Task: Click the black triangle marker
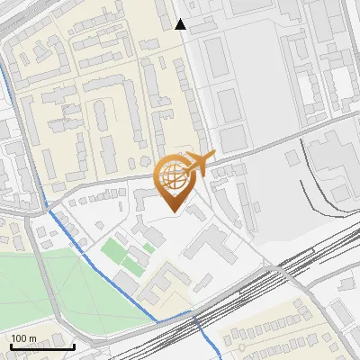pyautogui.click(x=181, y=24)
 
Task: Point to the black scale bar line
pyautogui.click(x=42, y=346)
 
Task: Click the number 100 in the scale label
pyautogui.click(x=21, y=338)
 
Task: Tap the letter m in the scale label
pyautogui.click(x=32, y=338)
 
